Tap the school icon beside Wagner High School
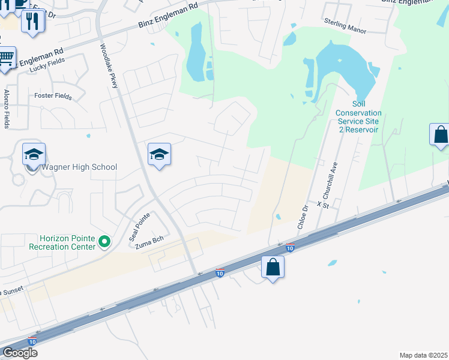pos(34,155)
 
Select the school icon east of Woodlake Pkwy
pos(160,155)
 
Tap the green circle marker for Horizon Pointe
pos(105,242)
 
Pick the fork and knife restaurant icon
pos(32,22)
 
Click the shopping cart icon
pos(7,59)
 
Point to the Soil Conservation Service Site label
pos(359,117)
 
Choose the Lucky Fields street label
pos(46,69)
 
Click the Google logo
pos(20,353)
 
